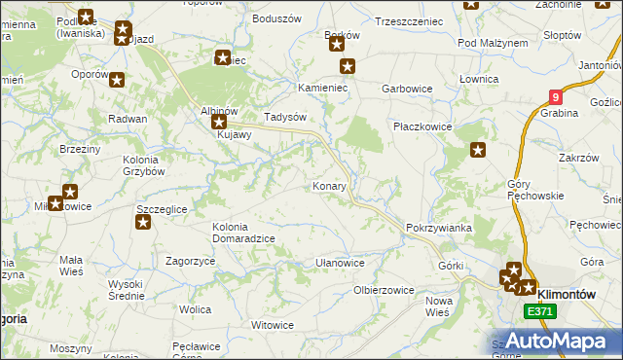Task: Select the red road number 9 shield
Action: tap(555, 97)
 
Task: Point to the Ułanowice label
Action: tap(340, 263)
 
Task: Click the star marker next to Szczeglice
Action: tap(143, 223)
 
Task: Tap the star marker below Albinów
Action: tap(218, 124)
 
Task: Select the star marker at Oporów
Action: tap(117, 81)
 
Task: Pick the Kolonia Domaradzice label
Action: tap(243, 233)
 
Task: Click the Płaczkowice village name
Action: tap(421, 126)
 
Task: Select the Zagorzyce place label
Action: tap(190, 262)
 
